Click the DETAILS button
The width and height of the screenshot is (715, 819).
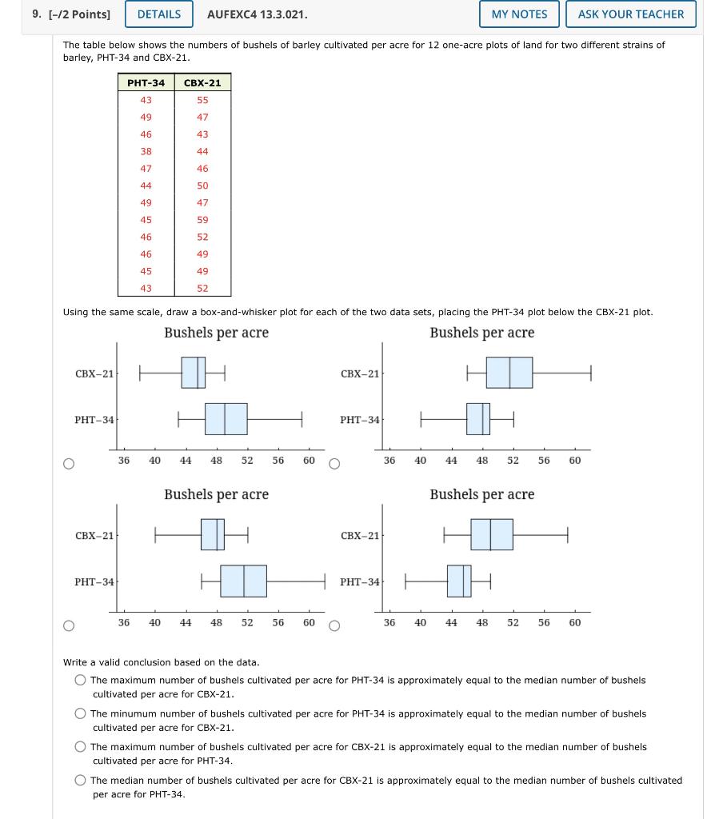159,14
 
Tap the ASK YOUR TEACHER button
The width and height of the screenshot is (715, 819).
630,14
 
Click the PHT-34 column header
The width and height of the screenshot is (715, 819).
146,82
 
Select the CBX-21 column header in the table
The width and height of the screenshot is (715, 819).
202,82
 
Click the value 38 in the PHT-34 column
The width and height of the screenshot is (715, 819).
146,151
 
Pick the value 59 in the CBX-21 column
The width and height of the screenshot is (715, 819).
202,220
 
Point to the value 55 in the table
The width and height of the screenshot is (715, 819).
202,100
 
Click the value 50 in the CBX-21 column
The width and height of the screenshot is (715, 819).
202,186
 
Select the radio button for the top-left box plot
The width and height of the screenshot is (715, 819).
70,463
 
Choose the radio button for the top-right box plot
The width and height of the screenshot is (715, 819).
334,463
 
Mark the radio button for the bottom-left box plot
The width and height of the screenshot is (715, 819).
70,625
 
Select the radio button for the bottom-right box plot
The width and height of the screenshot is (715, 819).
334,625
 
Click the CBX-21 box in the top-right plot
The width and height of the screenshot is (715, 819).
509,373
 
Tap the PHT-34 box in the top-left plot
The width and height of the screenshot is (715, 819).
226,418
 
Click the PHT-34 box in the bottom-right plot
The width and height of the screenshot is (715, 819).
459,581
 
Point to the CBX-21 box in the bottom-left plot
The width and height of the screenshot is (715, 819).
212,534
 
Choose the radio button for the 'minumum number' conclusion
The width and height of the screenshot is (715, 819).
80,713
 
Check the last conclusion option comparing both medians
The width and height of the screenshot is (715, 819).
80,781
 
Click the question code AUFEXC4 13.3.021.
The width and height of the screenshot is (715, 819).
257,14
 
